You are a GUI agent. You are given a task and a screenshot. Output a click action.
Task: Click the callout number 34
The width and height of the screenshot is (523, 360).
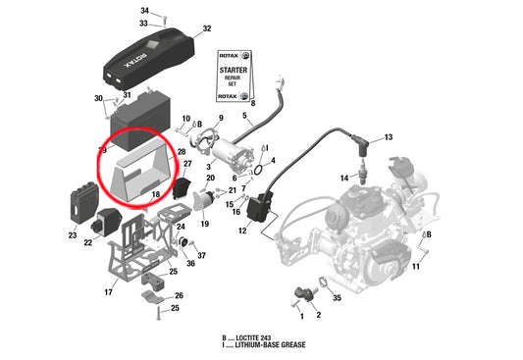click(x=144, y=10)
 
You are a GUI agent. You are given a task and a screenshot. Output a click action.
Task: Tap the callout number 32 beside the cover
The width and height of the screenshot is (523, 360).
click(x=207, y=28)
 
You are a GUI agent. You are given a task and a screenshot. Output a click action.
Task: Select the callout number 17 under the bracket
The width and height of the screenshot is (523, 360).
click(x=108, y=291)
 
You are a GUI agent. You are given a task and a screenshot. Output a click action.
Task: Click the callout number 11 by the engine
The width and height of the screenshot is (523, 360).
click(x=415, y=267)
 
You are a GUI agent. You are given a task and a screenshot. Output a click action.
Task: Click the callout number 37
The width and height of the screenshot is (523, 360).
click(x=201, y=255)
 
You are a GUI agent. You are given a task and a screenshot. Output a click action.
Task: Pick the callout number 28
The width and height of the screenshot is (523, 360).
click(x=182, y=152)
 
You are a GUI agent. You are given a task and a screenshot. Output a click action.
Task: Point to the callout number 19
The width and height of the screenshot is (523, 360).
click(x=204, y=225)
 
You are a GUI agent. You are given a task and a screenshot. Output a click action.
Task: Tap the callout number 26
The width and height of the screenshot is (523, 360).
click(x=178, y=295)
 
